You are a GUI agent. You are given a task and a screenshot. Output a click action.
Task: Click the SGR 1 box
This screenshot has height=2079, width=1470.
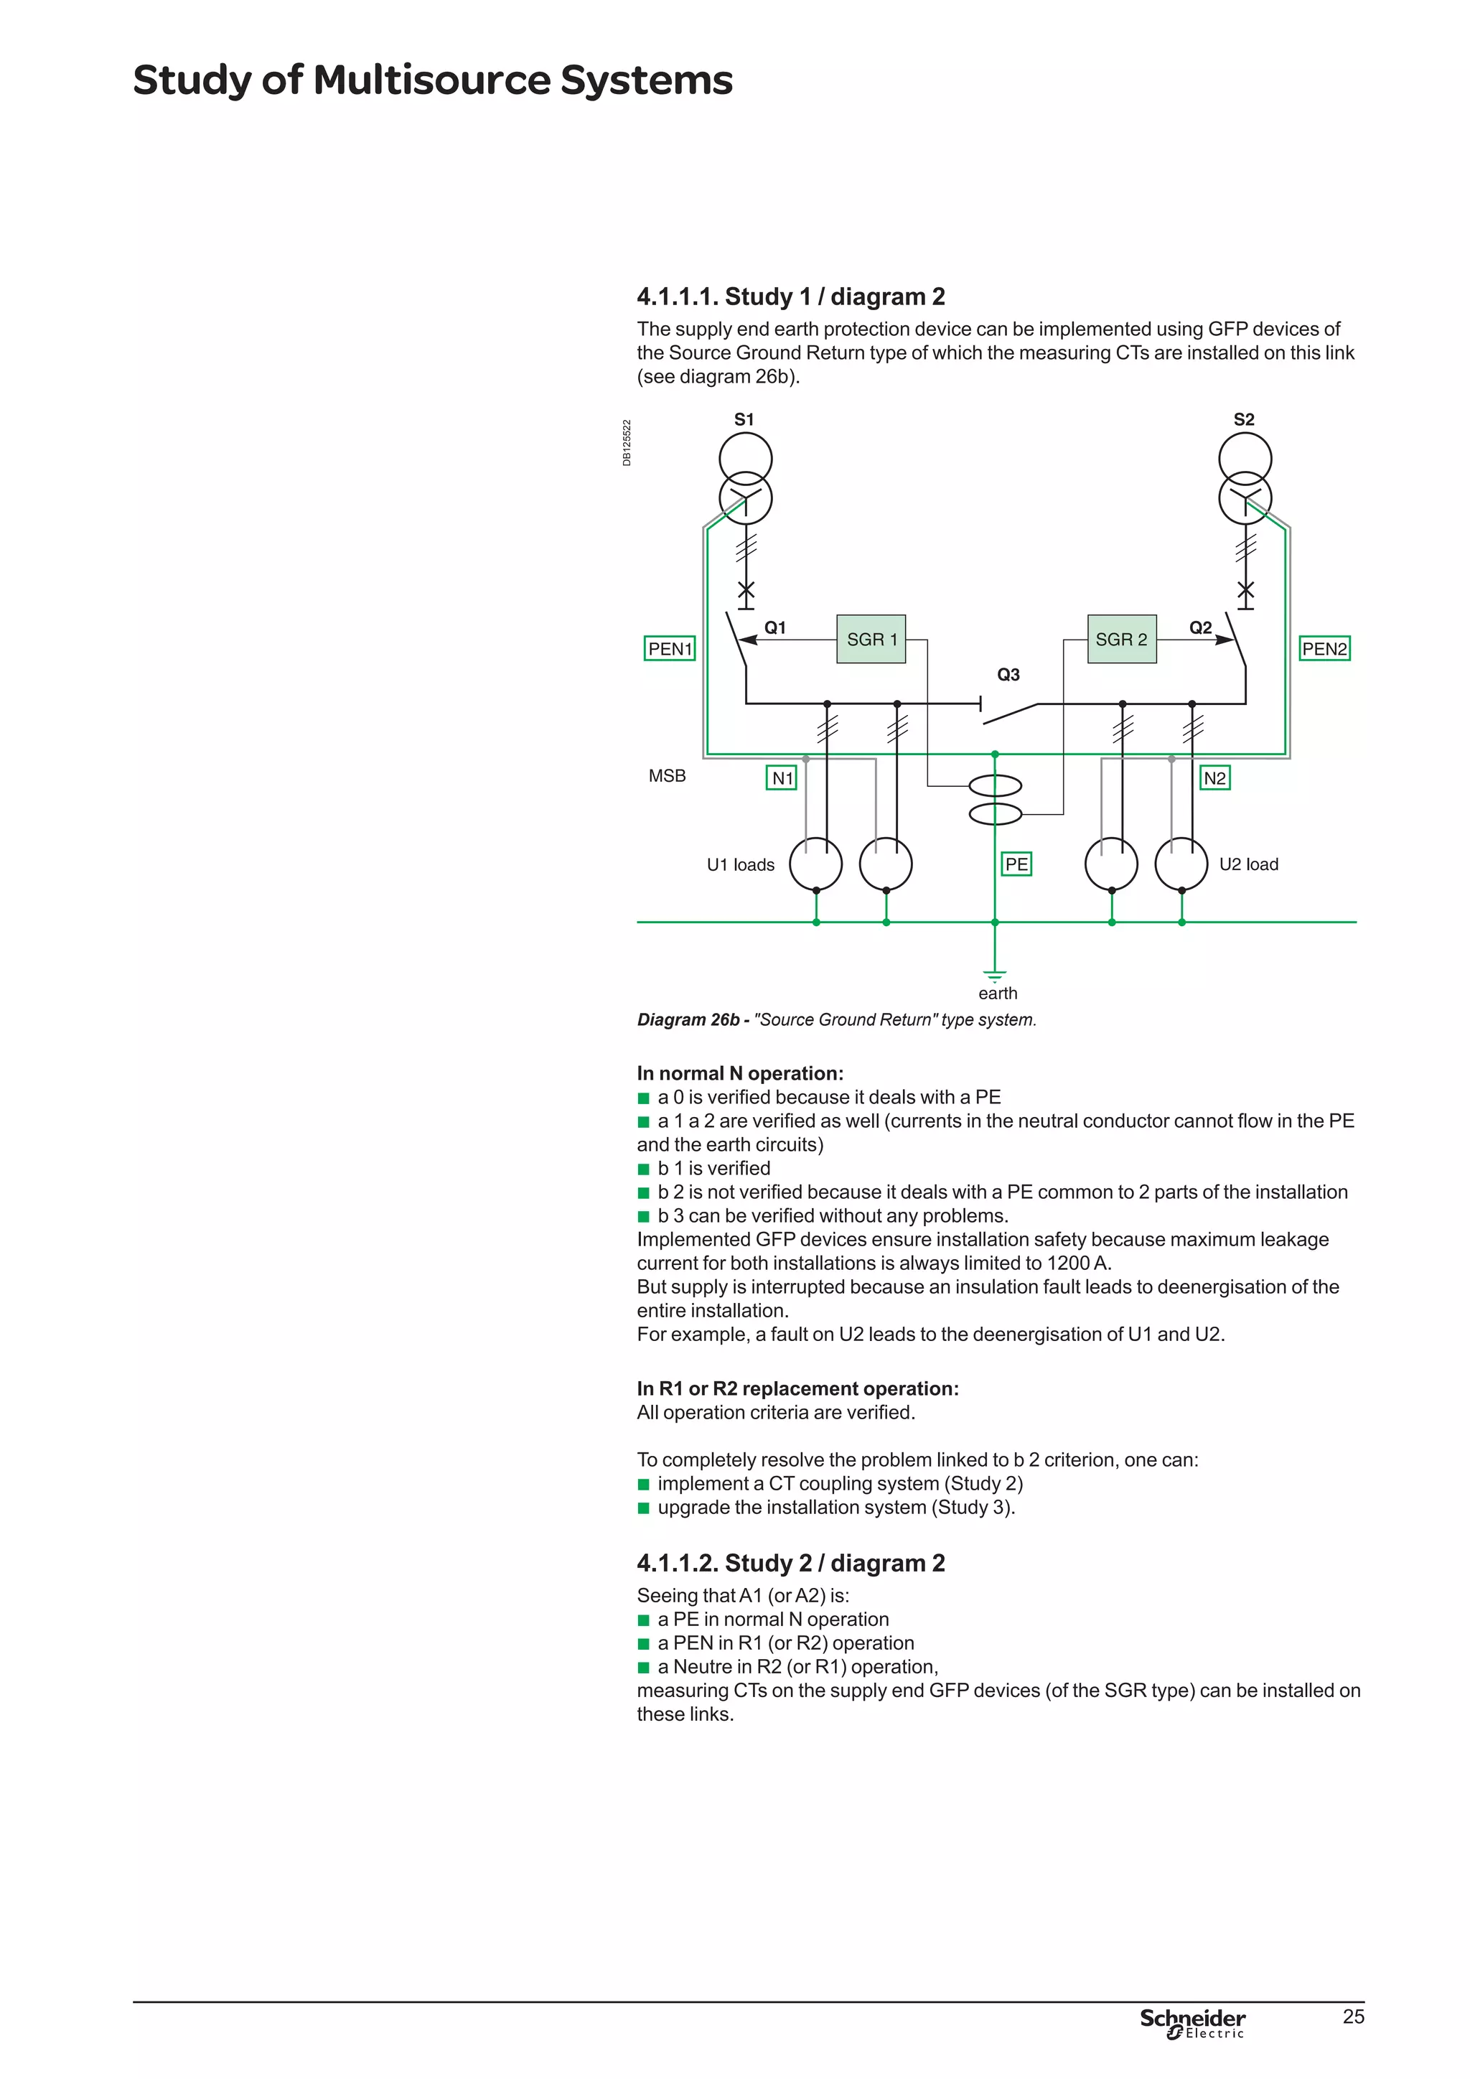[871, 639]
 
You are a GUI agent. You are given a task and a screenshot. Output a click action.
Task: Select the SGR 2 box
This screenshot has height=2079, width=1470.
[1121, 639]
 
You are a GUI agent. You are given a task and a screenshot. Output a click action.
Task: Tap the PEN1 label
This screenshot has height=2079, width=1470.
[670, 648]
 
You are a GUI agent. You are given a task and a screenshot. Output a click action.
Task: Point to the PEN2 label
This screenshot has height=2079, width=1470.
[1324, 648]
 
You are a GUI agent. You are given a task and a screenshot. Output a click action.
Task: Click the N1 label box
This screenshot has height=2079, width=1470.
[782, 777]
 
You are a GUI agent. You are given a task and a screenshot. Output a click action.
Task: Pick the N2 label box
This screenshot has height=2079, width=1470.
[1214, 777]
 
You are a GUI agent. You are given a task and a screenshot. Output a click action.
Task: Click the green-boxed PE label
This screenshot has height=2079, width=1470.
[1016, 864]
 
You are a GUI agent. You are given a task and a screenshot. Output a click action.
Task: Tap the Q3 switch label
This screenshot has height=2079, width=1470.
[1008, 675]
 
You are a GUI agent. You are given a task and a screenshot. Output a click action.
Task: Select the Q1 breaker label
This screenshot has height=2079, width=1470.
[774, 627]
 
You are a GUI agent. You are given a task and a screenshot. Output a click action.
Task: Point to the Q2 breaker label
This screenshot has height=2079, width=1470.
[1200, 627]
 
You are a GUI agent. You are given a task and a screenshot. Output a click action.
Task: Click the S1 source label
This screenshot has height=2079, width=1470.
[744, 419]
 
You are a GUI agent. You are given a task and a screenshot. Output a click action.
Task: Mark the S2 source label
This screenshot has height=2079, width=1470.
[1244, 419]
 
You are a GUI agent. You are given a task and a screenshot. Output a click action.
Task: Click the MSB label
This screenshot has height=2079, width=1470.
[667, 776]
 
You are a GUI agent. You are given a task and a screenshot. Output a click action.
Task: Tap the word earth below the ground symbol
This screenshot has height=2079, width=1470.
[998, 994]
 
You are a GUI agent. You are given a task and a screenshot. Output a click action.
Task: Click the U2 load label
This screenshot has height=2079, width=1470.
[1248, 865]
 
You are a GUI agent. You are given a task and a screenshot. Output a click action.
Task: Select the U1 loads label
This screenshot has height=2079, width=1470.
[741, 865]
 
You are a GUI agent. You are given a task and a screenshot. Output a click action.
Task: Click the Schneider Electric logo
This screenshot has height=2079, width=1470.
[1192, 2022]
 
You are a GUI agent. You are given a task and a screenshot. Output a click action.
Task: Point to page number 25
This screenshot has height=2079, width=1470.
[1353, 2017]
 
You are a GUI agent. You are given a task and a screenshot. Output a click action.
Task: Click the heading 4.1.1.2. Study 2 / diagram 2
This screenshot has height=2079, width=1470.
[790, 1563]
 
